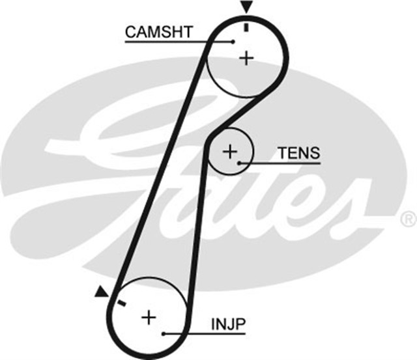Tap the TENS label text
click(x=298, y=153)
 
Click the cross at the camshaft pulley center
click(x=246, y=59)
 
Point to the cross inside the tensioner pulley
click(x=229, y=152)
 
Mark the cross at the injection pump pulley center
click(x=149, y=317)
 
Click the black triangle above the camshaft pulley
click(x=246, y=7)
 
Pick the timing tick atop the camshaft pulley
click(x=246, y=27)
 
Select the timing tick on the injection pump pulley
click(x=121, y=303)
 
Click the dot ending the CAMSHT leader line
click(x=233, y=42)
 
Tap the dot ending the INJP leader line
click(x=164, y=333)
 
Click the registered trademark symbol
click(x=407, y=216)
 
